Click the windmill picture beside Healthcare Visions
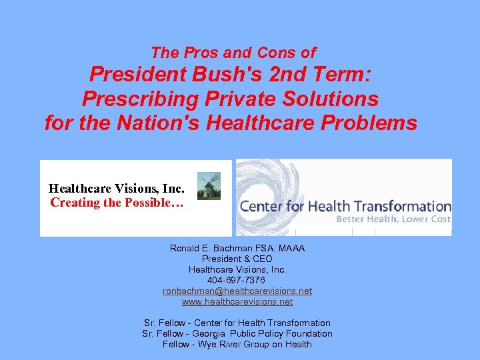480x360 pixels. click(209, 186)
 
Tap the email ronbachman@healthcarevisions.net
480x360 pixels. click(237, 291)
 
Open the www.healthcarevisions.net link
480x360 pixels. click(237, 302)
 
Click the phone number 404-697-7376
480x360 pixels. click(237, 281)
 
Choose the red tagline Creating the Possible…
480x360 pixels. click(117, 203)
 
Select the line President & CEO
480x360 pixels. click(237, 259)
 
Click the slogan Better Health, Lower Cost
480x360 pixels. click(393, 219)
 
